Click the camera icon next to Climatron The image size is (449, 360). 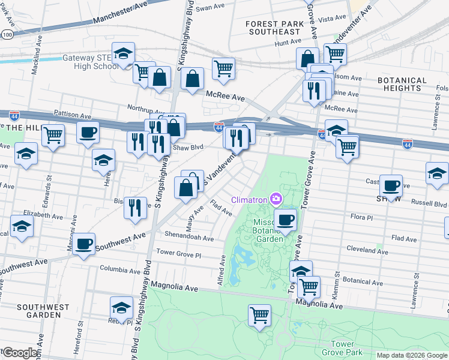276,198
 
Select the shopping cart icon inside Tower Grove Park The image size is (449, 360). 259,314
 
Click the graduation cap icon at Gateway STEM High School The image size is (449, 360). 123,53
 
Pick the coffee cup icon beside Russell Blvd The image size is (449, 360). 391,185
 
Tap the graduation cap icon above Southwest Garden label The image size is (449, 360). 121,307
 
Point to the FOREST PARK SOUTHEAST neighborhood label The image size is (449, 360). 273,28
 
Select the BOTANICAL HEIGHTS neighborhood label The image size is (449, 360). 402,84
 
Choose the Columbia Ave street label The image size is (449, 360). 122,268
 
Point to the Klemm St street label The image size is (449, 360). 338,285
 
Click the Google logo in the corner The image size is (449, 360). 20,352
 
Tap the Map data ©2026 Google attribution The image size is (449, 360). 411,355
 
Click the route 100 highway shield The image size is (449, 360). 7,35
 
